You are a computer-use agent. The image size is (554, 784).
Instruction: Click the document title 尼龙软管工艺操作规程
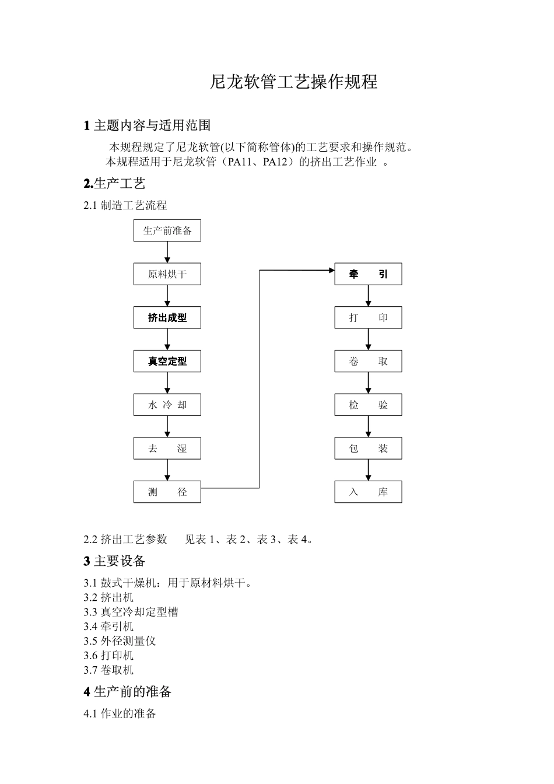(293, 82)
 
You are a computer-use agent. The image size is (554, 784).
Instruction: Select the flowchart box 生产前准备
(167, 230)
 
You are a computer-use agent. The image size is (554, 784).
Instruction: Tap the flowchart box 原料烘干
(167, 274)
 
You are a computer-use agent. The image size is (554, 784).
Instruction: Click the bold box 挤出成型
(167, 318)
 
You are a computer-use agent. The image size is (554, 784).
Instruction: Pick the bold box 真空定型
(167, 361)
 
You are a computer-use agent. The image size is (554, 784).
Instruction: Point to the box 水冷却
(167, 405)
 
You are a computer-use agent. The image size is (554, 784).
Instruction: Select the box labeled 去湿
(167, 449)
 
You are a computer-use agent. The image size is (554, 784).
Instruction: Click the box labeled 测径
(167, 492)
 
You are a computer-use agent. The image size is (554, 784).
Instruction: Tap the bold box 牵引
(368, 274)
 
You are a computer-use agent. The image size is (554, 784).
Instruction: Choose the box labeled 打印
(368, 318)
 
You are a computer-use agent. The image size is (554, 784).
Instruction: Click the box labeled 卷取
(368, 361)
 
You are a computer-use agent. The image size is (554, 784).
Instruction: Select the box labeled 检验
(368, 405)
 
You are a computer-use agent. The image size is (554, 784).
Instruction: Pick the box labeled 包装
(368, 449)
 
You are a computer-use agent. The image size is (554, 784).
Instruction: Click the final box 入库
(368, 492)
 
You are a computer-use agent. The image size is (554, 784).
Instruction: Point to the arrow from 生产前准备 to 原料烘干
(167, 252)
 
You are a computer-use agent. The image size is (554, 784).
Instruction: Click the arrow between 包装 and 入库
(368, 470)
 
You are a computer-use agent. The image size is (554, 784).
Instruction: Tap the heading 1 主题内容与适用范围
(147, 125)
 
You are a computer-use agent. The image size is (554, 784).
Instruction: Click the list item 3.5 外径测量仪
(120, 640)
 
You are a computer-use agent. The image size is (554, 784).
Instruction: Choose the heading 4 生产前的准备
(128, 692)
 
